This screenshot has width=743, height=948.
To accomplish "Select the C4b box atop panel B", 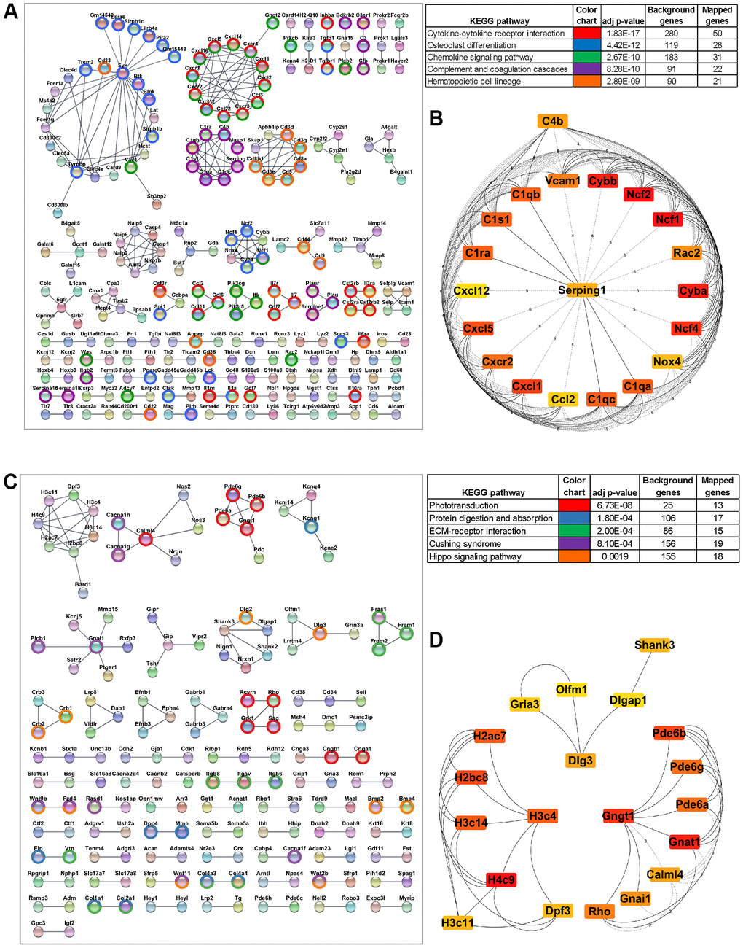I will click(553, 122).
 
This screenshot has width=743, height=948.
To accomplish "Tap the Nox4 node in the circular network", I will click(667, 362).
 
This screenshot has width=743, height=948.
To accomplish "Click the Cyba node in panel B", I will click(693, 290).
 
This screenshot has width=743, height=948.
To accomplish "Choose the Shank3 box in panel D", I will click(654, 645).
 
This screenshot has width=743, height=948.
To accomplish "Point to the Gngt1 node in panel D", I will click(618, 816).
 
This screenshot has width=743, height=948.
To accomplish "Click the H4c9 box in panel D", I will click(501, 880).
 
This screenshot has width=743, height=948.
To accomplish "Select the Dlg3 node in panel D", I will click(581, 761).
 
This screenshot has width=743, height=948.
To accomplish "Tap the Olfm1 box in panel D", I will click(571, 689).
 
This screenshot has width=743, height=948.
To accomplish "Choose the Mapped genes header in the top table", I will click(717, 15).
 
